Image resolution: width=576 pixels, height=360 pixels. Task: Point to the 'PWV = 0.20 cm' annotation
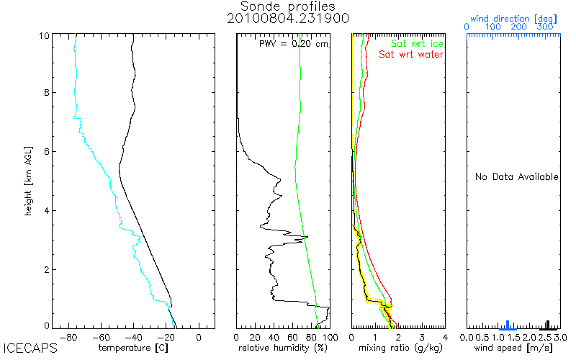(293, 44)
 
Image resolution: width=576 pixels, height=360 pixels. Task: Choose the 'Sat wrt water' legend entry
(411, 55)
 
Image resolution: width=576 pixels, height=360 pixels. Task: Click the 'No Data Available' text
(516, 177)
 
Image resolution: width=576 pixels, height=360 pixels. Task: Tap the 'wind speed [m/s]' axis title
(513, 348)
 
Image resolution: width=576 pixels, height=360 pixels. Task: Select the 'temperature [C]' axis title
(133, 348)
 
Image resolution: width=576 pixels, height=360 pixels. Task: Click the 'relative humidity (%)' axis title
(283, 348)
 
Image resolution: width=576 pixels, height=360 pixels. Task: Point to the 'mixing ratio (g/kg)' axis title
(397, 348)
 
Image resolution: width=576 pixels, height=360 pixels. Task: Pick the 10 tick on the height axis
(44, 35)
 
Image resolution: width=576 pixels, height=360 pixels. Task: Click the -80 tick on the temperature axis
(68, 337)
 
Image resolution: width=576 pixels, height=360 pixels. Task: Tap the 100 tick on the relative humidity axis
(329, 337)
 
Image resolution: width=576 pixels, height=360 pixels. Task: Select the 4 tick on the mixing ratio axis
(445, 337)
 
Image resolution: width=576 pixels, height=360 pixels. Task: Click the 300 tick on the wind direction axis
(545, 27)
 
